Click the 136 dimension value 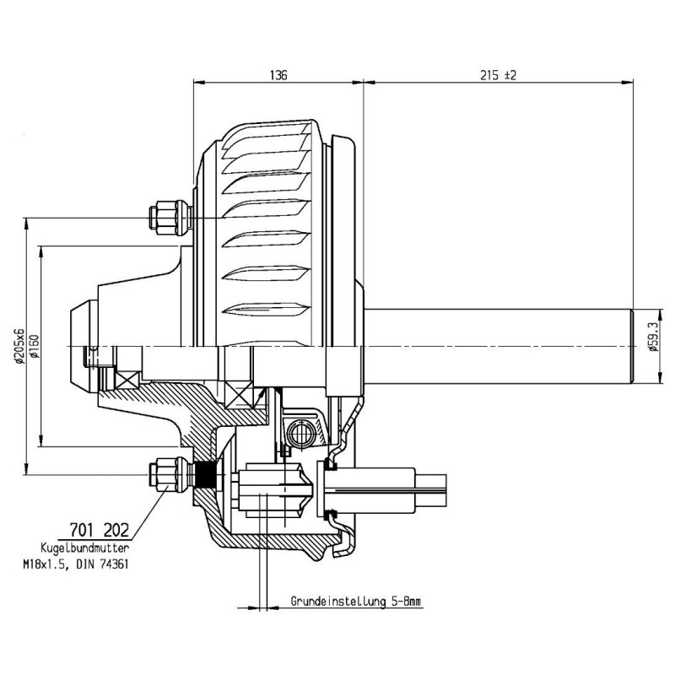278,75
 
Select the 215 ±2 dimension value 498,75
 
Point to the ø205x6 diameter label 19,345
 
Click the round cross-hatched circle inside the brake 299,435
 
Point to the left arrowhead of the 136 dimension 198,82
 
